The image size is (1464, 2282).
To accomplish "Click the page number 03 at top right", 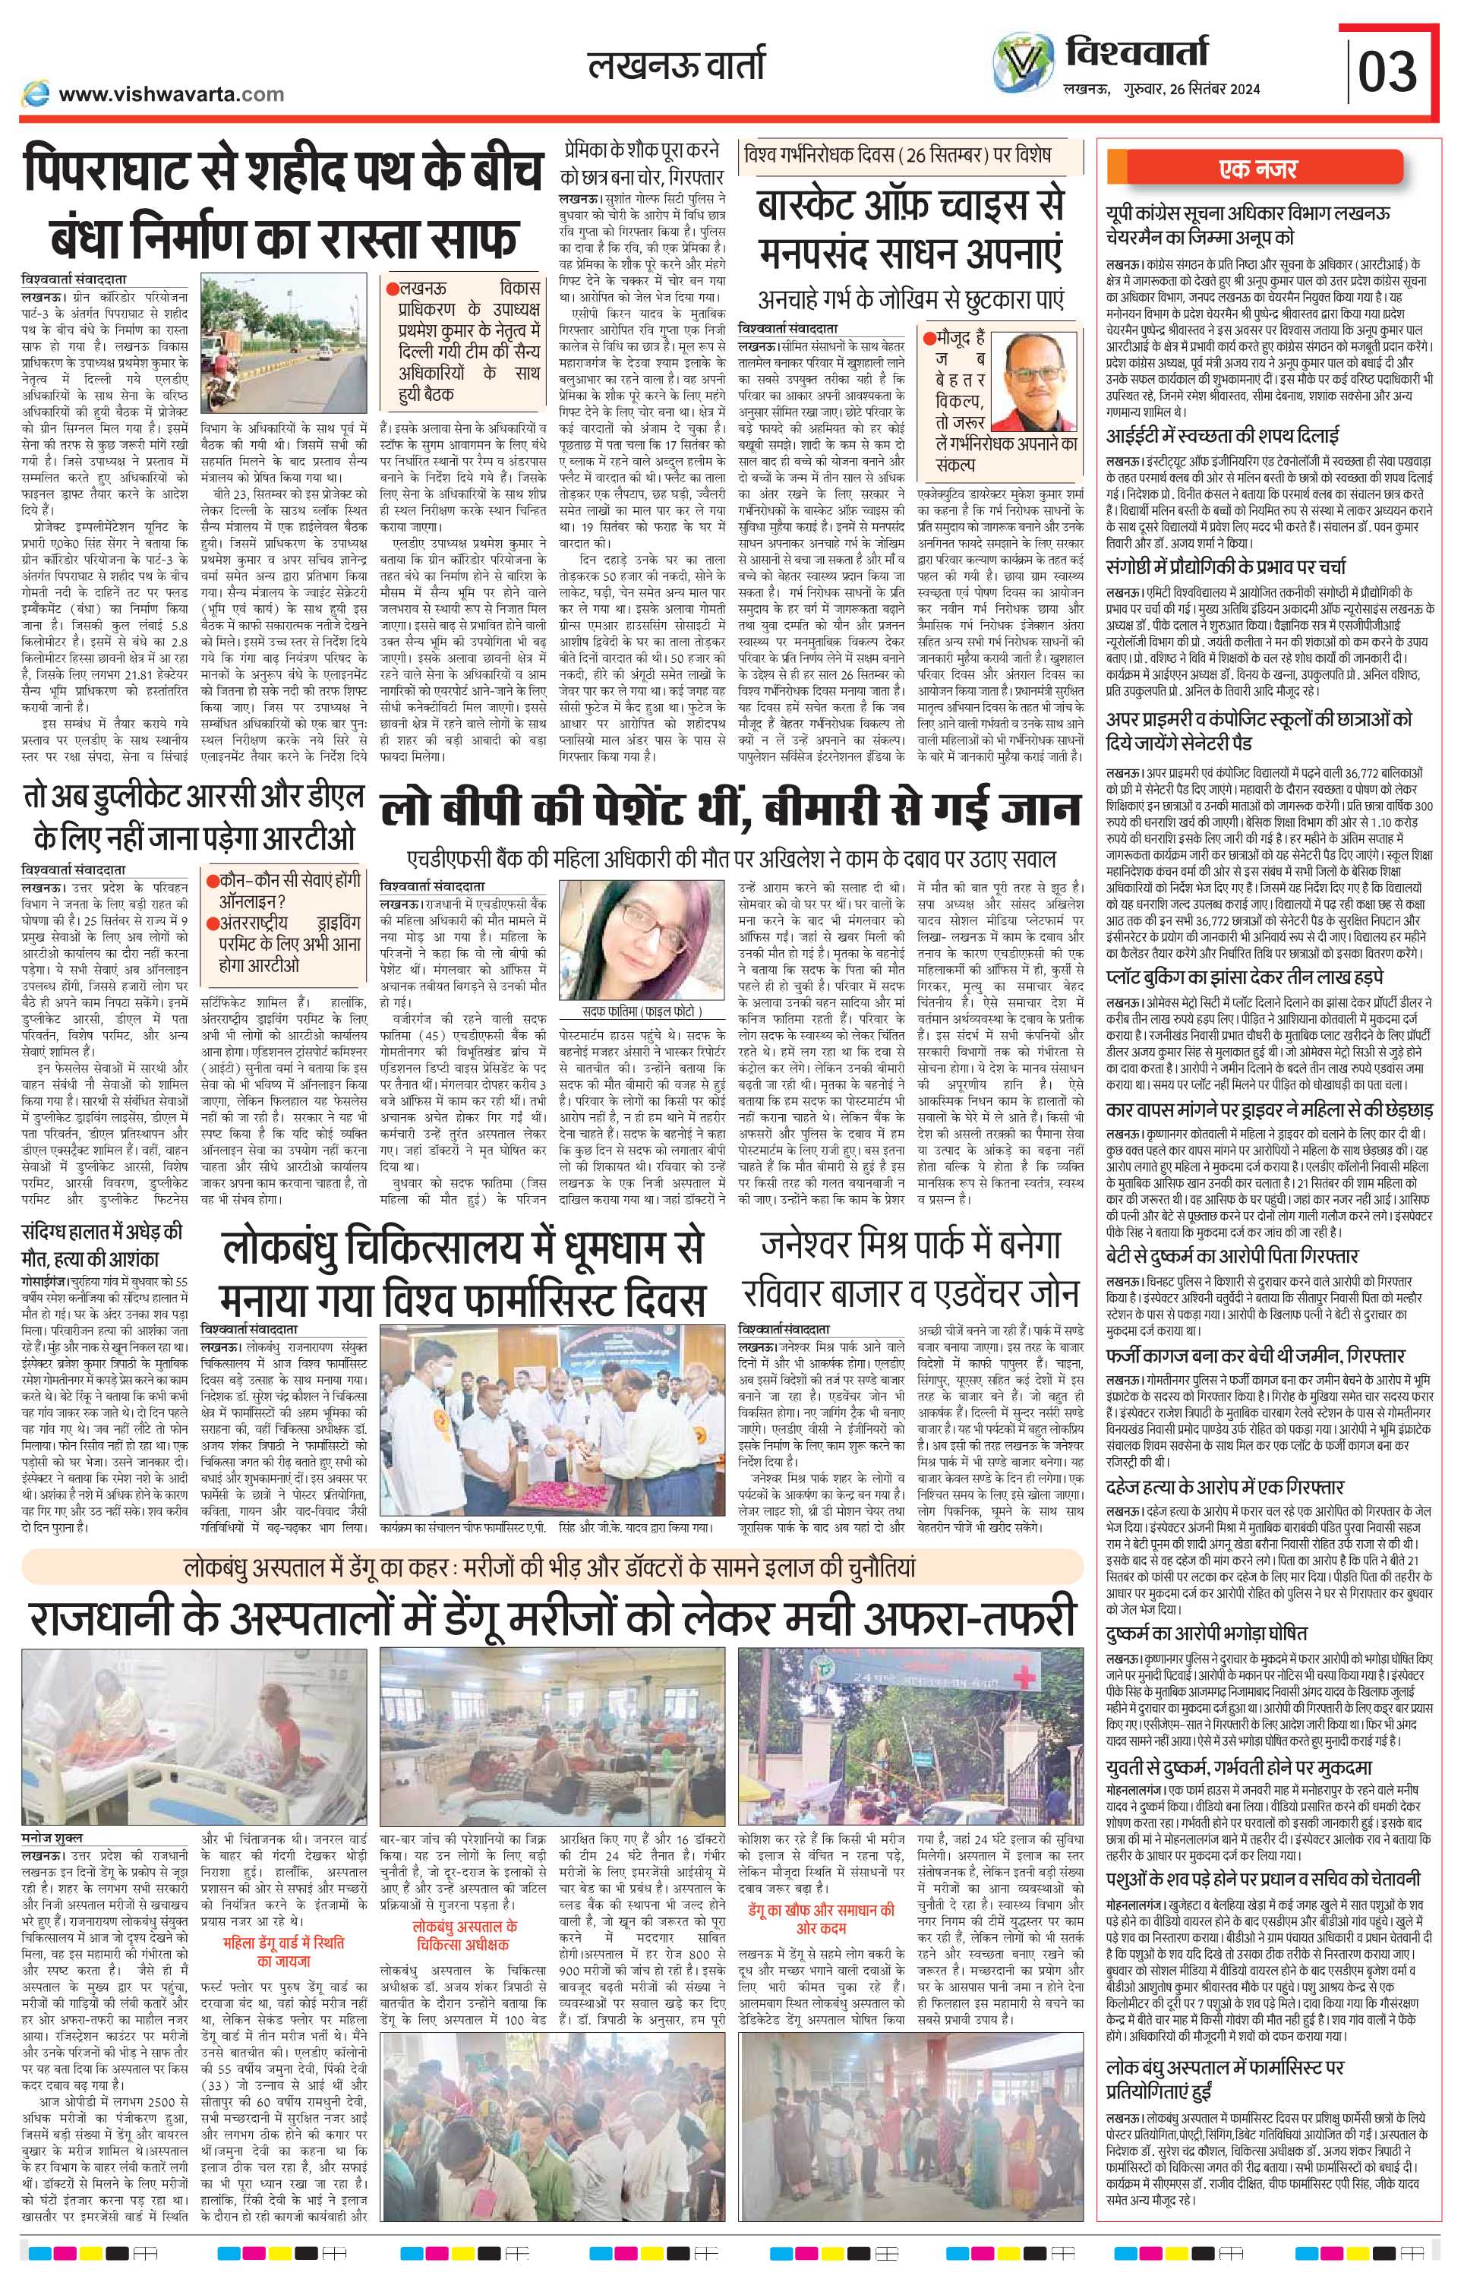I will [x=1388, y=69].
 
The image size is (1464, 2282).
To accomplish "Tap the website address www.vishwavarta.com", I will [x=171, y=94].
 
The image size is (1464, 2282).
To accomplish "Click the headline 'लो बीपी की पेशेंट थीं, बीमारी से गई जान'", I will [x=730, y=810].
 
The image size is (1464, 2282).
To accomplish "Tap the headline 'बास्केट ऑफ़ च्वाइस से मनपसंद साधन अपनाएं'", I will [x=910, y=231].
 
